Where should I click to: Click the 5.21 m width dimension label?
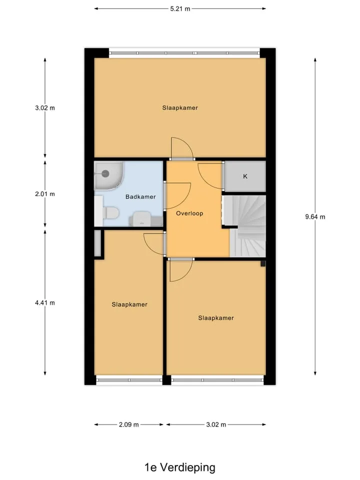click(180, 9)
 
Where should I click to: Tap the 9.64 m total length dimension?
click(315, 216)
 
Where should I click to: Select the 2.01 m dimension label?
click(45, 194)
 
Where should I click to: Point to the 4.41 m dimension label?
click(45, 303)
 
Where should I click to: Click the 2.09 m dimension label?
click(129, 424)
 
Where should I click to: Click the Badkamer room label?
click(140, 197)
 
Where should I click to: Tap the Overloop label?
click(189, 213)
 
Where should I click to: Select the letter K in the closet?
click(245, 176)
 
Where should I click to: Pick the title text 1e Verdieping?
click(180, 467)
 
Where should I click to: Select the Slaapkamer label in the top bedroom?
click(180, 108)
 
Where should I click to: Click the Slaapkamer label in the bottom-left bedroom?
click(129, 304)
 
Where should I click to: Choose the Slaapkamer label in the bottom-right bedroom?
click(216, 318)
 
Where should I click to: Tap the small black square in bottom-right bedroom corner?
click(263, 263)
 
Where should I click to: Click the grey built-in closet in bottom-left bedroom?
click(97, 243)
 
